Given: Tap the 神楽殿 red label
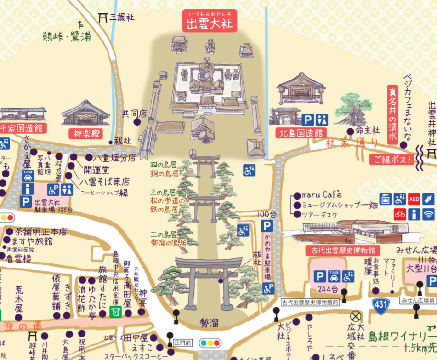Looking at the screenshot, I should pos(86,134).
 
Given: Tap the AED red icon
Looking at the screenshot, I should pos(414,199).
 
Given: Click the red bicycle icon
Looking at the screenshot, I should pos(400,214).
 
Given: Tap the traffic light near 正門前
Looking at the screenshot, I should pos(210,343).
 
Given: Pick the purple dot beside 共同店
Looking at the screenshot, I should pos(136,122).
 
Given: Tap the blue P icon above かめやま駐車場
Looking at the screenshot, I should pos(267,226).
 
